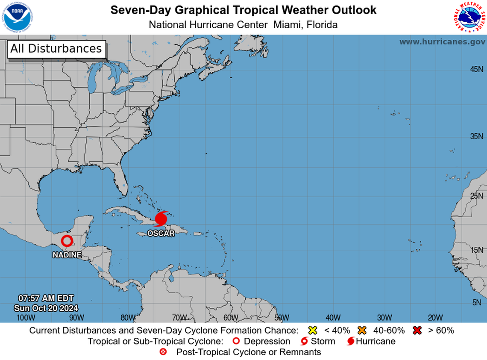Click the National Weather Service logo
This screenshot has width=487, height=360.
click(469, 17)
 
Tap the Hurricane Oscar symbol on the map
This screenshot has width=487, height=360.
click(161, 219)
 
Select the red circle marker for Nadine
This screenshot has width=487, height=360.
click(66, 241)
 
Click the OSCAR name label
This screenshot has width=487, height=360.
click(161, 233)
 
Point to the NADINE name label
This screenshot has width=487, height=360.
click(67, 255)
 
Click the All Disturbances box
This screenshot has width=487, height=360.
click(56, 48)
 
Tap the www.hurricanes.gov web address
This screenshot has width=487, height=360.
click(442, 42)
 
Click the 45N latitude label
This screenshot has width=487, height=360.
click(476, 69)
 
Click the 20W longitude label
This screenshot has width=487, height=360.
click(435, 318)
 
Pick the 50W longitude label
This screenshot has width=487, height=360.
click(282, 318)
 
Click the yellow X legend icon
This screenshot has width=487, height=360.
click(313, 330)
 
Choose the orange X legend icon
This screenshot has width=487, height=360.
click(363, 330)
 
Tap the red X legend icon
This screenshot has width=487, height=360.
click(417, 330)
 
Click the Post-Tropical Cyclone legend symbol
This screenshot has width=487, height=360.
click(163, 352)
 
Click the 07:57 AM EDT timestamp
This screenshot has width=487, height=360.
click(46, 298)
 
